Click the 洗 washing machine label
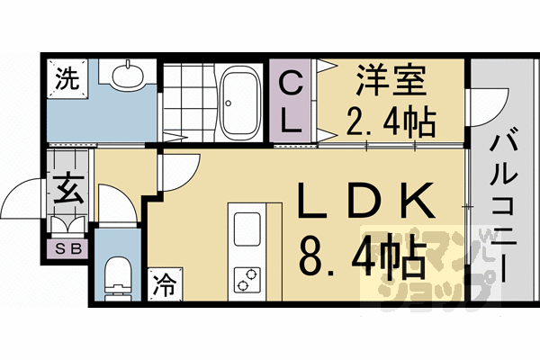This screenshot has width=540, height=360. click(67, 78)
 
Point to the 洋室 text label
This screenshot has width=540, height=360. click(386, 80)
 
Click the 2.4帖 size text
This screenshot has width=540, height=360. click(391, 120)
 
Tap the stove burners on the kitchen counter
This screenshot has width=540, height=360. click(246, 278)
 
